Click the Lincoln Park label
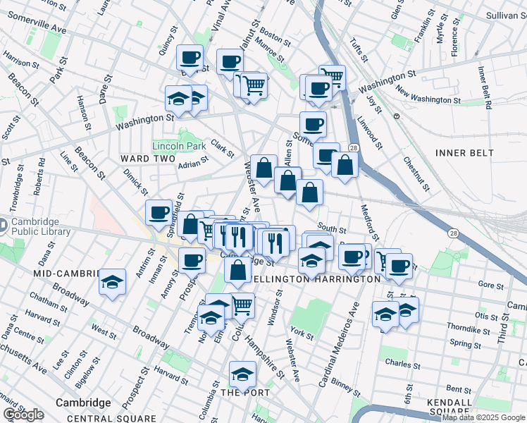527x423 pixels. pyautogui.click(x=179, y=147)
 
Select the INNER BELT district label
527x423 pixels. pyautogui.click(x=461, y=152)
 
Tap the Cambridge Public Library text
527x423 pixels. pyautogui.click(x=40, y=227)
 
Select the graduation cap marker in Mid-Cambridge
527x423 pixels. pyautogui.click(x=112, y=282)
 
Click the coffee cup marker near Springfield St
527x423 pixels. pyautogui.click(x=159, y=211)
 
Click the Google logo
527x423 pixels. pyautogui.click(x=23, y=415)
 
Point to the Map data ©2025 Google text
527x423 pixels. pyautogui.click(x=483, y=417)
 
